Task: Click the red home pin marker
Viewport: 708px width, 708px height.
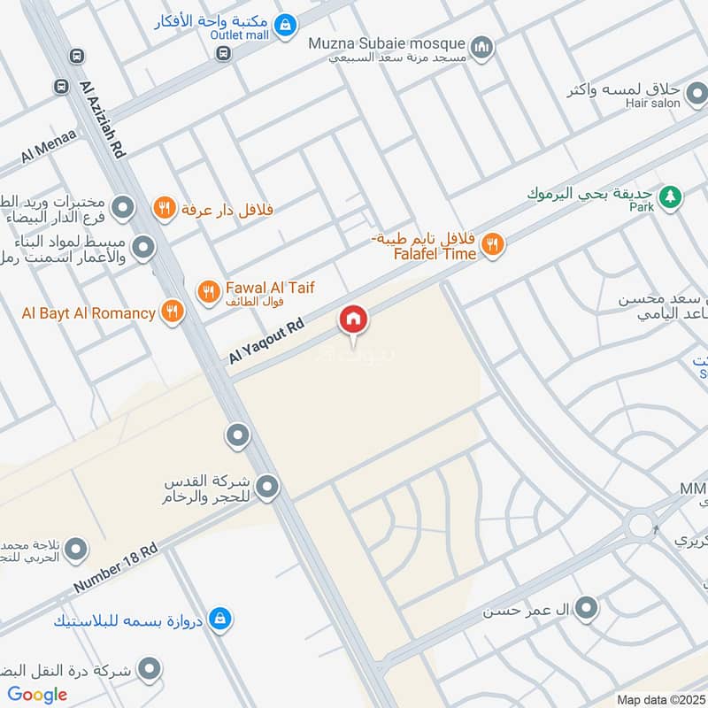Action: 352,319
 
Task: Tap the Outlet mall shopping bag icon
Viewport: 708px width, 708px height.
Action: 284,27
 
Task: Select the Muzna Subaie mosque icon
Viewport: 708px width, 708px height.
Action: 481,47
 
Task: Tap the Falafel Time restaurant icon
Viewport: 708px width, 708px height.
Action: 493,244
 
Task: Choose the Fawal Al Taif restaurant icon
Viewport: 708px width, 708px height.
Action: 208,290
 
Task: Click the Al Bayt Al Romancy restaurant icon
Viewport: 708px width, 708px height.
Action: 172,311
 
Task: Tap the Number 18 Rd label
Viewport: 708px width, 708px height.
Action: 115,568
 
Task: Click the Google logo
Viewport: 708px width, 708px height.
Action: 37,695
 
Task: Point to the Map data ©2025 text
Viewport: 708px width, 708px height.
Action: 662,699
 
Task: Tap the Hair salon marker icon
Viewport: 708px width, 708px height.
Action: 697,92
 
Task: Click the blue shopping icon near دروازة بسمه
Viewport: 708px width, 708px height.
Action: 224,619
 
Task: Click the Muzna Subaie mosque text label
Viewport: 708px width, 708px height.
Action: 386,43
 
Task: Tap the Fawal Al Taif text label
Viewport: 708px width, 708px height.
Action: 270,288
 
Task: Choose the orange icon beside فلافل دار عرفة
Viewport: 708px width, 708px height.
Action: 163,209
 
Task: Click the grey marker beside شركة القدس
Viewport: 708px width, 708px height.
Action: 268,485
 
